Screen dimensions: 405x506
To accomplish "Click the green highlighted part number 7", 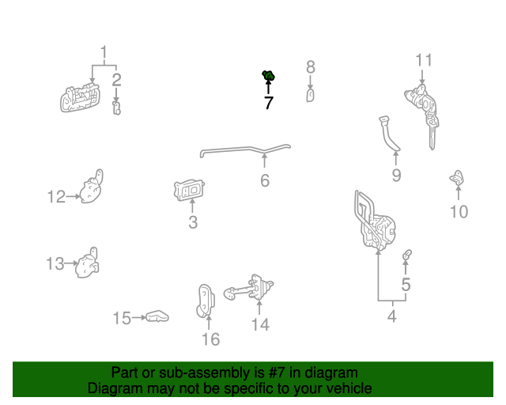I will (x=268, y=76).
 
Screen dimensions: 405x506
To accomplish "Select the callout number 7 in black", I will (x=269, y=103).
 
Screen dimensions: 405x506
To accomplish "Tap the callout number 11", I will (x=425, y=60).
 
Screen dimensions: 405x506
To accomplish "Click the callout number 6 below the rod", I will (x=265, y=181).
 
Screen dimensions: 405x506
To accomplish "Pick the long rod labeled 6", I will (x=245, y=149).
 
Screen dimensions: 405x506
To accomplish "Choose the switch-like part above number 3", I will (x=191, y=190).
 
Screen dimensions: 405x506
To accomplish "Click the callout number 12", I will (x=55, y=196).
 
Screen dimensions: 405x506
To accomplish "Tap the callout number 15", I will (x=121, y=318).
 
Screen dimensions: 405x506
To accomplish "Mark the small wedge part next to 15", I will (x=158, y=316).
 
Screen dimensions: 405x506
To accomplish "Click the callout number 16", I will (x=210, y=339).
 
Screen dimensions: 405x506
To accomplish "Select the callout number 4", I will (x=391, y=317).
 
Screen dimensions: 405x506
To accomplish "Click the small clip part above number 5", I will (x=407, y=255).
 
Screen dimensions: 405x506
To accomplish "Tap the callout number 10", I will (x=459, y=211).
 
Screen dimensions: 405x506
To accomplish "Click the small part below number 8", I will (x=311, y=96).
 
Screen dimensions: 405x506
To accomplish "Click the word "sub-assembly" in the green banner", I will (x=194, y=373).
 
